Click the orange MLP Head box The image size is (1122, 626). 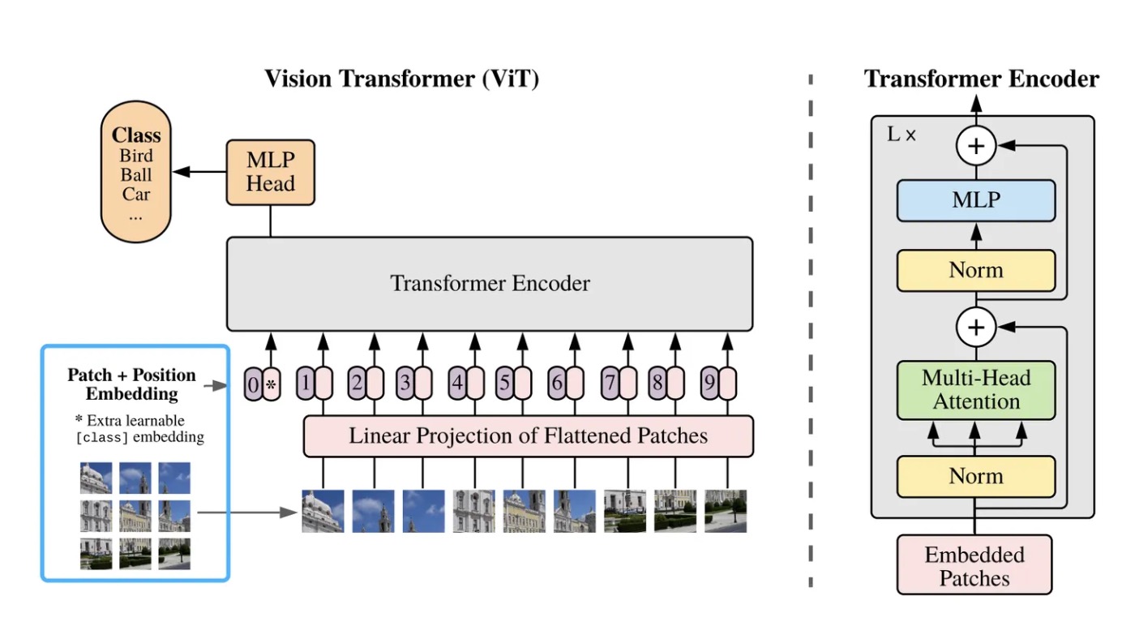coord(271,173)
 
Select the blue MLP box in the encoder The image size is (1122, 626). coord(976,200)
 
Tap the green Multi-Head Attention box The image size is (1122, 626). coord(976,390)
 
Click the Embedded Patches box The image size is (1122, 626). coord(974,565)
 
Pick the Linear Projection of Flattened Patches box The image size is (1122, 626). coord(529,436)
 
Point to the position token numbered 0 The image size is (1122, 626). coord(254,384)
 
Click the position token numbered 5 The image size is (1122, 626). coord(504,383)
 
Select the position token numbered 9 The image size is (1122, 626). coord(709,383)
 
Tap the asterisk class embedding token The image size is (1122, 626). coord(272,384)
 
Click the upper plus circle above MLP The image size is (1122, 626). coord(976,146)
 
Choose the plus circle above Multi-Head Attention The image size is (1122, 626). coord(976,328)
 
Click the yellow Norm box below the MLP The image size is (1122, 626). coord(976,271)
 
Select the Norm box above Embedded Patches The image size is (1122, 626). coord(976,477)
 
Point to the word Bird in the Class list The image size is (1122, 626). coord(136,156)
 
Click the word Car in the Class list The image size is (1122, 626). coord(136,195)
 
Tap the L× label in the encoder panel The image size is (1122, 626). coord(901,135)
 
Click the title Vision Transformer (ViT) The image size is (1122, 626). coord(402,79)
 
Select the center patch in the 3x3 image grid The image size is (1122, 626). coord(135,516)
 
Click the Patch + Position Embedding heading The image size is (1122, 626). coord(131,384)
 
